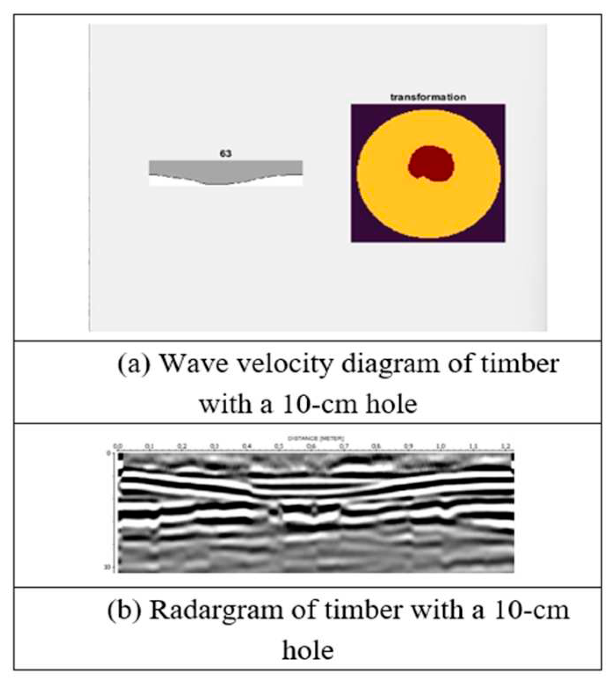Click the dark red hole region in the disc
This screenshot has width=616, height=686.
431,163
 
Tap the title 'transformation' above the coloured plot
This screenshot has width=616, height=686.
428,97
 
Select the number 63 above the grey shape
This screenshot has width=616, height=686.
225,154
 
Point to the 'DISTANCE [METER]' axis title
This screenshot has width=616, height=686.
315,438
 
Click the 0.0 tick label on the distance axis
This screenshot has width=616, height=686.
117,446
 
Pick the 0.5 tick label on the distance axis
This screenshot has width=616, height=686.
279,446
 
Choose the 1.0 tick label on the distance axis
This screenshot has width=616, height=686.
441,446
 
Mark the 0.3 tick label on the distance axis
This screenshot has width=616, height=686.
214,446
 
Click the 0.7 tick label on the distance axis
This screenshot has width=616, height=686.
344,446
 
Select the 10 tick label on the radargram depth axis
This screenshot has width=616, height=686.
107,568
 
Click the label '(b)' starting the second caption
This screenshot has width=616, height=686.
124,610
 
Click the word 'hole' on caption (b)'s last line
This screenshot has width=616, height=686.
308,650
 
